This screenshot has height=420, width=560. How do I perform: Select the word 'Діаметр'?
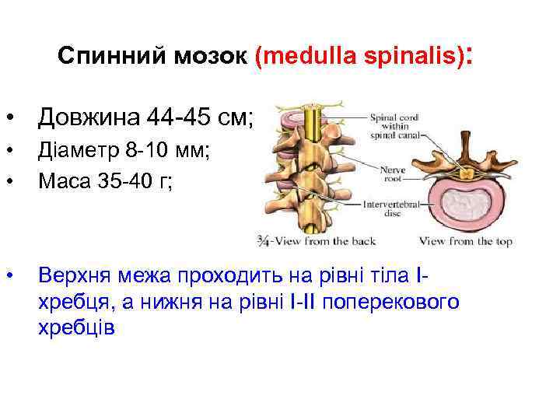[x=73, y=152]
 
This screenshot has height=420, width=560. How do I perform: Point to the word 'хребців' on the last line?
[x=76, y=327]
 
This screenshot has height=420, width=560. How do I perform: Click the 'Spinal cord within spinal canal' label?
[x=394, y=126]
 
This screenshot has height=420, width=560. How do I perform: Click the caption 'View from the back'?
[x=324, y=241]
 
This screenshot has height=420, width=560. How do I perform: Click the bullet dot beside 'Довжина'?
[x=10, y=118]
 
